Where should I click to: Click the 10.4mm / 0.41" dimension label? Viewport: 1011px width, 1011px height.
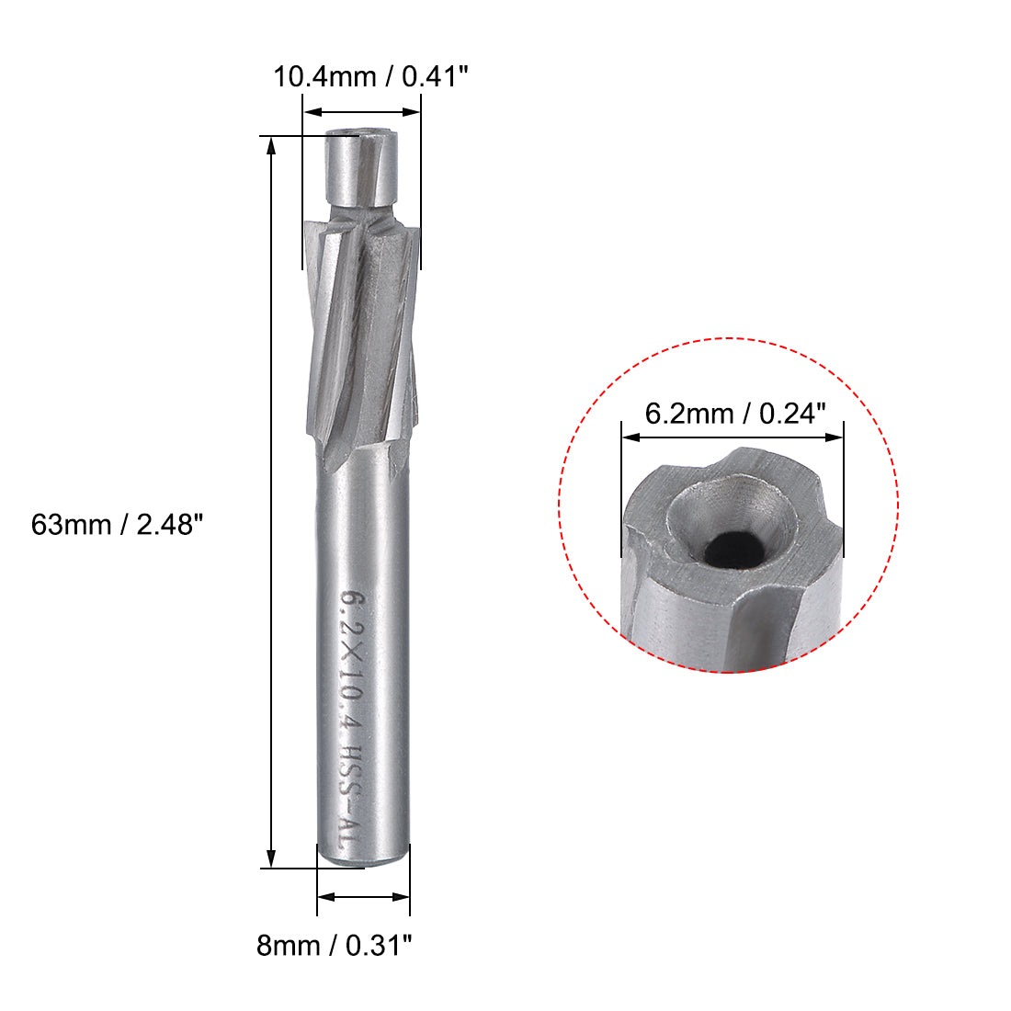[x=371, y=76]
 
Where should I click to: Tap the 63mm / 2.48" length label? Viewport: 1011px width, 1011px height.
[x=116, y=525]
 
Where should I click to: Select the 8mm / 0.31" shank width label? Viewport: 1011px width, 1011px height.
[x=335, y=944]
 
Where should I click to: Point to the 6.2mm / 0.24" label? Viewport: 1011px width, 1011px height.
[x=731, y=413]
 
